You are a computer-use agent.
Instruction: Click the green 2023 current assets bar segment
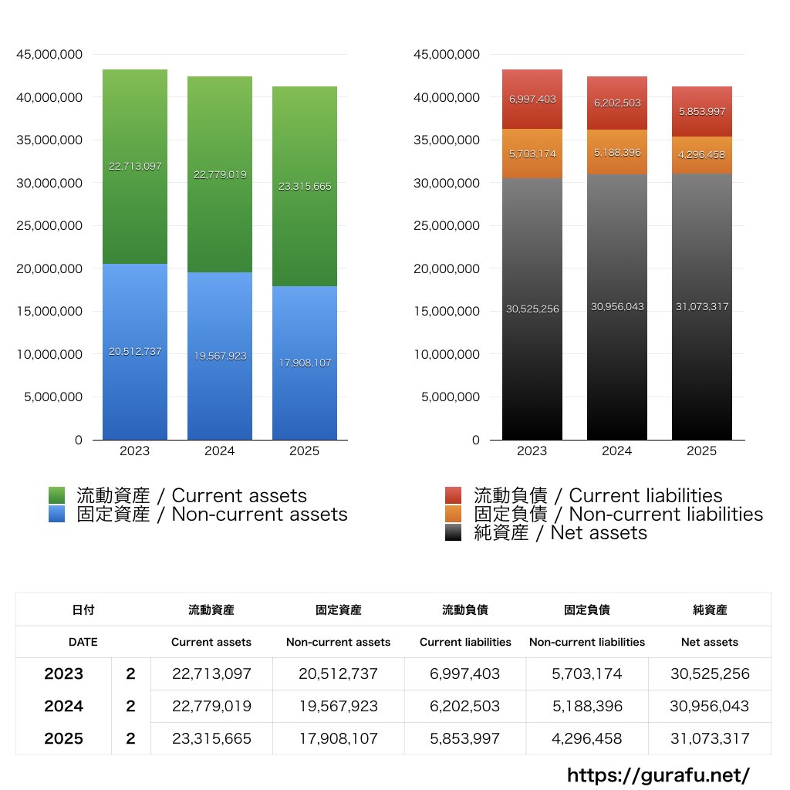click(x=135, y=208)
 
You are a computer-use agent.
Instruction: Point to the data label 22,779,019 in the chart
click(x=220, y=175)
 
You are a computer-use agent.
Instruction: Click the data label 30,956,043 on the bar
click(x=617, y=307)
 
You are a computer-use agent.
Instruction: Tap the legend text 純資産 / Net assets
click(x=560, y=533)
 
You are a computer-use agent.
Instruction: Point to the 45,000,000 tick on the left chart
click(x=49, y=55)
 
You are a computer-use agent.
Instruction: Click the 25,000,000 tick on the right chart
click(x=447, y=226)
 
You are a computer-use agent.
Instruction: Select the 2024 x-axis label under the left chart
click(x=219, y=451)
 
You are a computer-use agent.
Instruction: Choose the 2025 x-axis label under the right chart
click(x=701, y=451)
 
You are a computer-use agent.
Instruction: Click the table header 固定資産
click(x=338, y=609)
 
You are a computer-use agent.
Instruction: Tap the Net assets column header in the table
click(x=710, y=642)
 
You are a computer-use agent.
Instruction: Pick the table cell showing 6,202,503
click(x=465, y=706)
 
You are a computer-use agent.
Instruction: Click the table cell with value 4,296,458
click(x=586, y=738)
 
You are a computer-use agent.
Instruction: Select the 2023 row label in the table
click(x=63, y=674)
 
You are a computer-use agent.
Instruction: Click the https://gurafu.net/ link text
click(x=658, y=775)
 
